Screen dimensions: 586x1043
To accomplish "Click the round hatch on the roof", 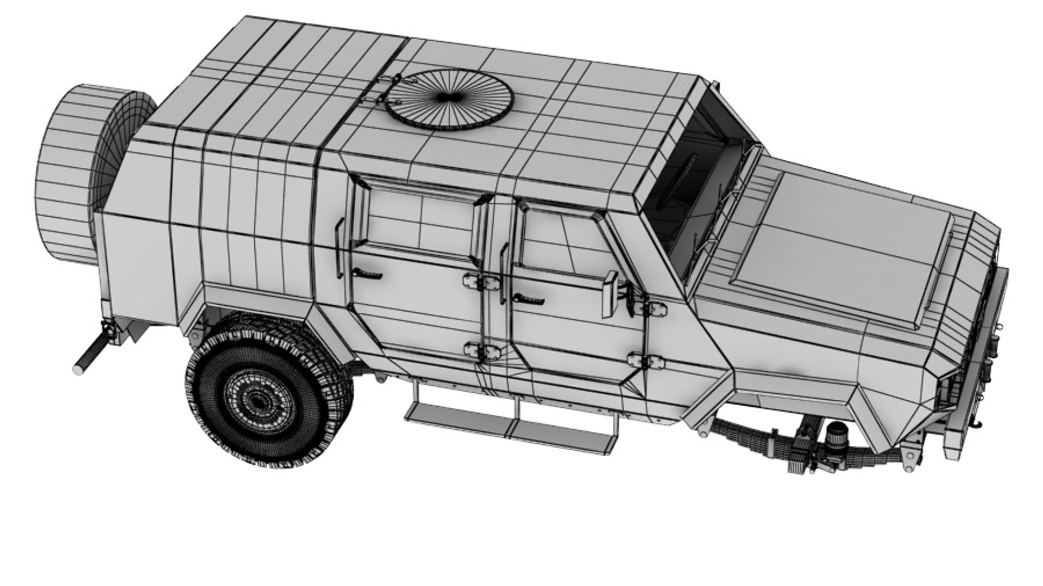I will [x=449, y=99].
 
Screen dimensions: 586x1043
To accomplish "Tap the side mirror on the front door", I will [x=610, y=294].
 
